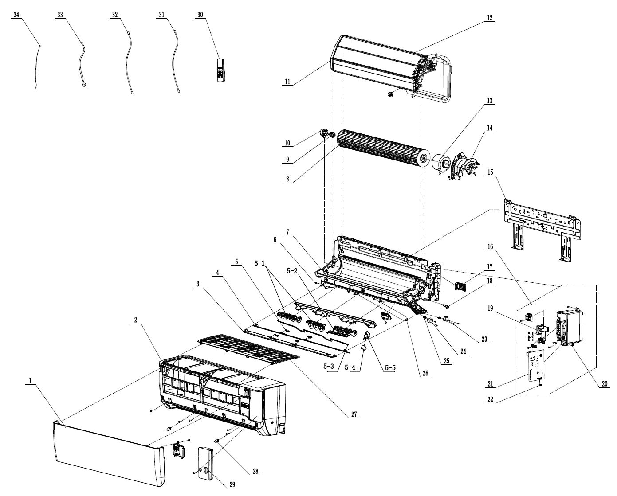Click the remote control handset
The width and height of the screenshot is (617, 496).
point(222,70)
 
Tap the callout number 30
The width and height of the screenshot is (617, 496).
point(200,15)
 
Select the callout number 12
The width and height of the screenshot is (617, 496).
point(489,18)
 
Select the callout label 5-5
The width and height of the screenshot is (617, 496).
point(389,367)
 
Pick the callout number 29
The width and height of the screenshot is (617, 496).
point(232,485)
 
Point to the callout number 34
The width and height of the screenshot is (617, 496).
point(16,15)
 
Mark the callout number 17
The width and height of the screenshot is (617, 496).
point(489,267)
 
